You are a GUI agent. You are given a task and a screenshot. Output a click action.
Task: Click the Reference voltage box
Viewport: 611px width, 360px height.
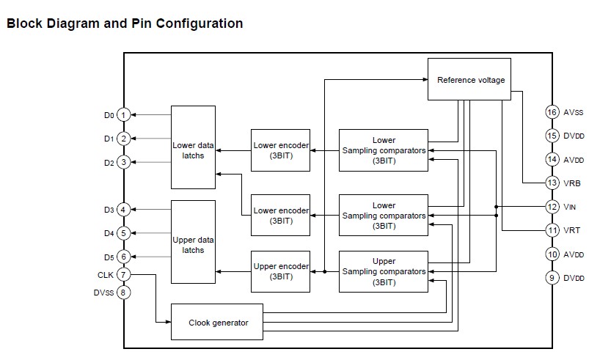(x=471, y=79)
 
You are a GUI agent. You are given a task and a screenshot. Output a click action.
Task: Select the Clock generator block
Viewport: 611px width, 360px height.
(x=217, y=322)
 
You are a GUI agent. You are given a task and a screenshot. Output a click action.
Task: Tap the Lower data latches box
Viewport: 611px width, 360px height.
(x=194, y=150)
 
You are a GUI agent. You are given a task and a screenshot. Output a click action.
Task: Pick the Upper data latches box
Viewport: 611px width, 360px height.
(x=194, y=245)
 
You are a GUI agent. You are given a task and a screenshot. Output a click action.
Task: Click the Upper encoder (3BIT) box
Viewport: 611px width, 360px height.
(x=280, y=271)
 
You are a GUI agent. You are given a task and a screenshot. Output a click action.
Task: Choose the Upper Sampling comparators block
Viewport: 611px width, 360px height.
(x=384, y=271)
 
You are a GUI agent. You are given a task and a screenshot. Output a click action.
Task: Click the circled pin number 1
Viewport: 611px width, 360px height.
(x=124, y=115)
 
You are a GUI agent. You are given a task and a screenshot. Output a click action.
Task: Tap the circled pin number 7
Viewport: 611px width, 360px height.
(x=124, y=275)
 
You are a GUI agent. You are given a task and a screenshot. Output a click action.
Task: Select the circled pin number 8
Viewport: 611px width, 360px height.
(x=124, y=293)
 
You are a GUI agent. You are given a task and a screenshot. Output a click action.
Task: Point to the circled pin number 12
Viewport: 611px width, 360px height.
(x=552, y=207)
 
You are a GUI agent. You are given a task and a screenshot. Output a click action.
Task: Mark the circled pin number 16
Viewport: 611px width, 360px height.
(x=552, y=112)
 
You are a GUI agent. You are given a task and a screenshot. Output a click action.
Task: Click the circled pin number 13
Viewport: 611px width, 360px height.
(x=552, y=183)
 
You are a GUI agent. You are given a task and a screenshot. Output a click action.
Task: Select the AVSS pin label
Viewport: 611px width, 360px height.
(x=574, y=113)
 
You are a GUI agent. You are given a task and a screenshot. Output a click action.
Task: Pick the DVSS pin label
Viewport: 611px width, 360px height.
(x=103, y=293)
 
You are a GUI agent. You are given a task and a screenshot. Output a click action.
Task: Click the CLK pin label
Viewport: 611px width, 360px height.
(x=105, y=275)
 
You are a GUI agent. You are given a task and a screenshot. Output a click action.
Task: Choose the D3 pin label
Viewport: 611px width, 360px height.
(x=108, y=210)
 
